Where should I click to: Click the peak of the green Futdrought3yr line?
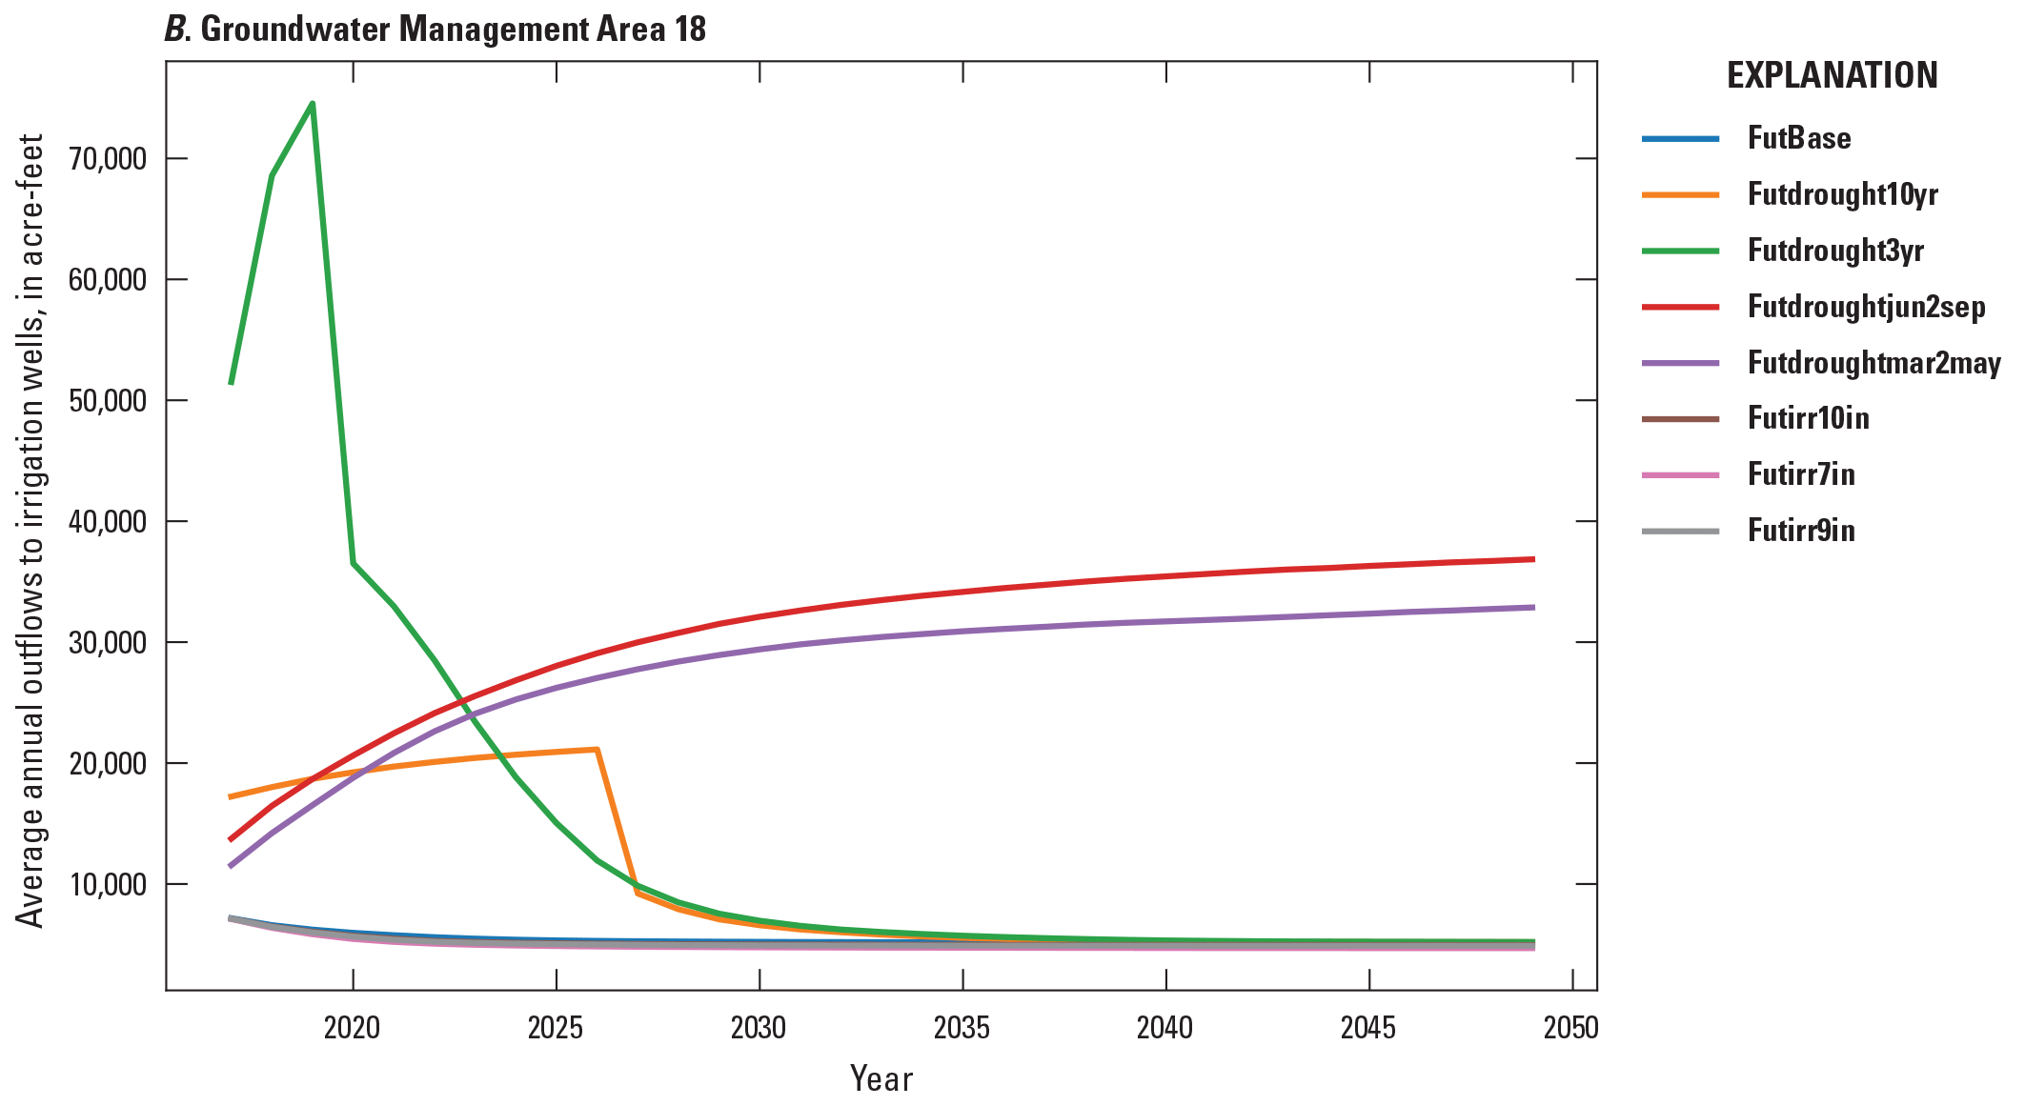click(313, 103)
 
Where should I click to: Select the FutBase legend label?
click(1798, 138)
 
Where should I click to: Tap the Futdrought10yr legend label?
click(1842, 194)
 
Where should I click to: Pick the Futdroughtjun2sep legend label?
click(1866, 307)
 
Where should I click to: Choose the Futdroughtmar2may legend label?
click(1873, 363)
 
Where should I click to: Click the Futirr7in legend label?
click(1801, 474)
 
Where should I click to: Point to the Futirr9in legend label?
click(1801, 531)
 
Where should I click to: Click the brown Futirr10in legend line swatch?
click(1680, 419)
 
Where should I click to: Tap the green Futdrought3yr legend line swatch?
click(1680, 251)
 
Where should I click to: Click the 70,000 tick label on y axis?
click(108, 159)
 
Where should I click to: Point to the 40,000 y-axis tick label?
click(108, 522)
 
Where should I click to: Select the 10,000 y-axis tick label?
click(108, 885)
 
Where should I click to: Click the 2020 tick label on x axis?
click(353, 1028)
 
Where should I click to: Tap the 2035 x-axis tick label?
click(962, 1028)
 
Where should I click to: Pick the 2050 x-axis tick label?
click(1571, 1028)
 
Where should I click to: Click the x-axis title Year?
click(881, 1079)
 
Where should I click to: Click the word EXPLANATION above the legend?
click(1832, 76)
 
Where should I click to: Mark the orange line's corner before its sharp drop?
click(597, 749)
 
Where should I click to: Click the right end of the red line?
click(1533, 559)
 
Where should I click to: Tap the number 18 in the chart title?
click(690, 30)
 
